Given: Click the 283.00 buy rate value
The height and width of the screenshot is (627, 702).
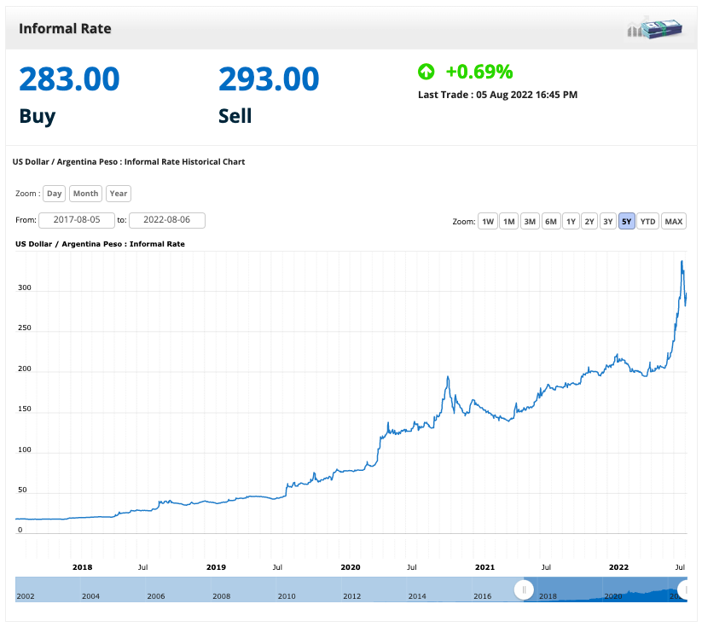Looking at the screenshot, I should point(69,79).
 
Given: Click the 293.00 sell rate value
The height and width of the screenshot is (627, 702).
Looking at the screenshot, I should point(269,79).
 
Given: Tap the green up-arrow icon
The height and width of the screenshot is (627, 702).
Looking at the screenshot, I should point(426,72).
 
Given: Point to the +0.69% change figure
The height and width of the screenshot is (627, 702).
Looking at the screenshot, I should point(479,72).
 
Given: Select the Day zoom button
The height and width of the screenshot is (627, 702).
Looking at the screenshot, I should point(55,194).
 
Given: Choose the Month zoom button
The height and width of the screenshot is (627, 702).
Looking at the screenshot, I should point(85,194).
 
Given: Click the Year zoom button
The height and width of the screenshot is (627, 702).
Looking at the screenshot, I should point(119,194).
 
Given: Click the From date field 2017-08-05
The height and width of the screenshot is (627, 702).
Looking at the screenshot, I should point(77,220).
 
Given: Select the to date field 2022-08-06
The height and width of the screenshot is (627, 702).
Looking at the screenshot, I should point(167,220).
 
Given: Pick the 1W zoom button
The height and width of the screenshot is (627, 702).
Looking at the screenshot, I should point(488,222).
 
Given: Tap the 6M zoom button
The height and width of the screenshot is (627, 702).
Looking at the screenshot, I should point(551,222).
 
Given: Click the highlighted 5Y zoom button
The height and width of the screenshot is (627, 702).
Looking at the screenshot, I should point(627,222).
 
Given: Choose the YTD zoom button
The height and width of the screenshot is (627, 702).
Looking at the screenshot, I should point(648,222).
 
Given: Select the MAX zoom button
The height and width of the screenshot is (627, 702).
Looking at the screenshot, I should point(674,222).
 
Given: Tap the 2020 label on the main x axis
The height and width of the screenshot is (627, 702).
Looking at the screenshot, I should point(351,566).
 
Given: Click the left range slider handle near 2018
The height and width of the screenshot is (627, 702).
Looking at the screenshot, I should point(524,589).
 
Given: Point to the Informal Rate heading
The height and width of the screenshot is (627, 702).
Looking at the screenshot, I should point(65,29).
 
